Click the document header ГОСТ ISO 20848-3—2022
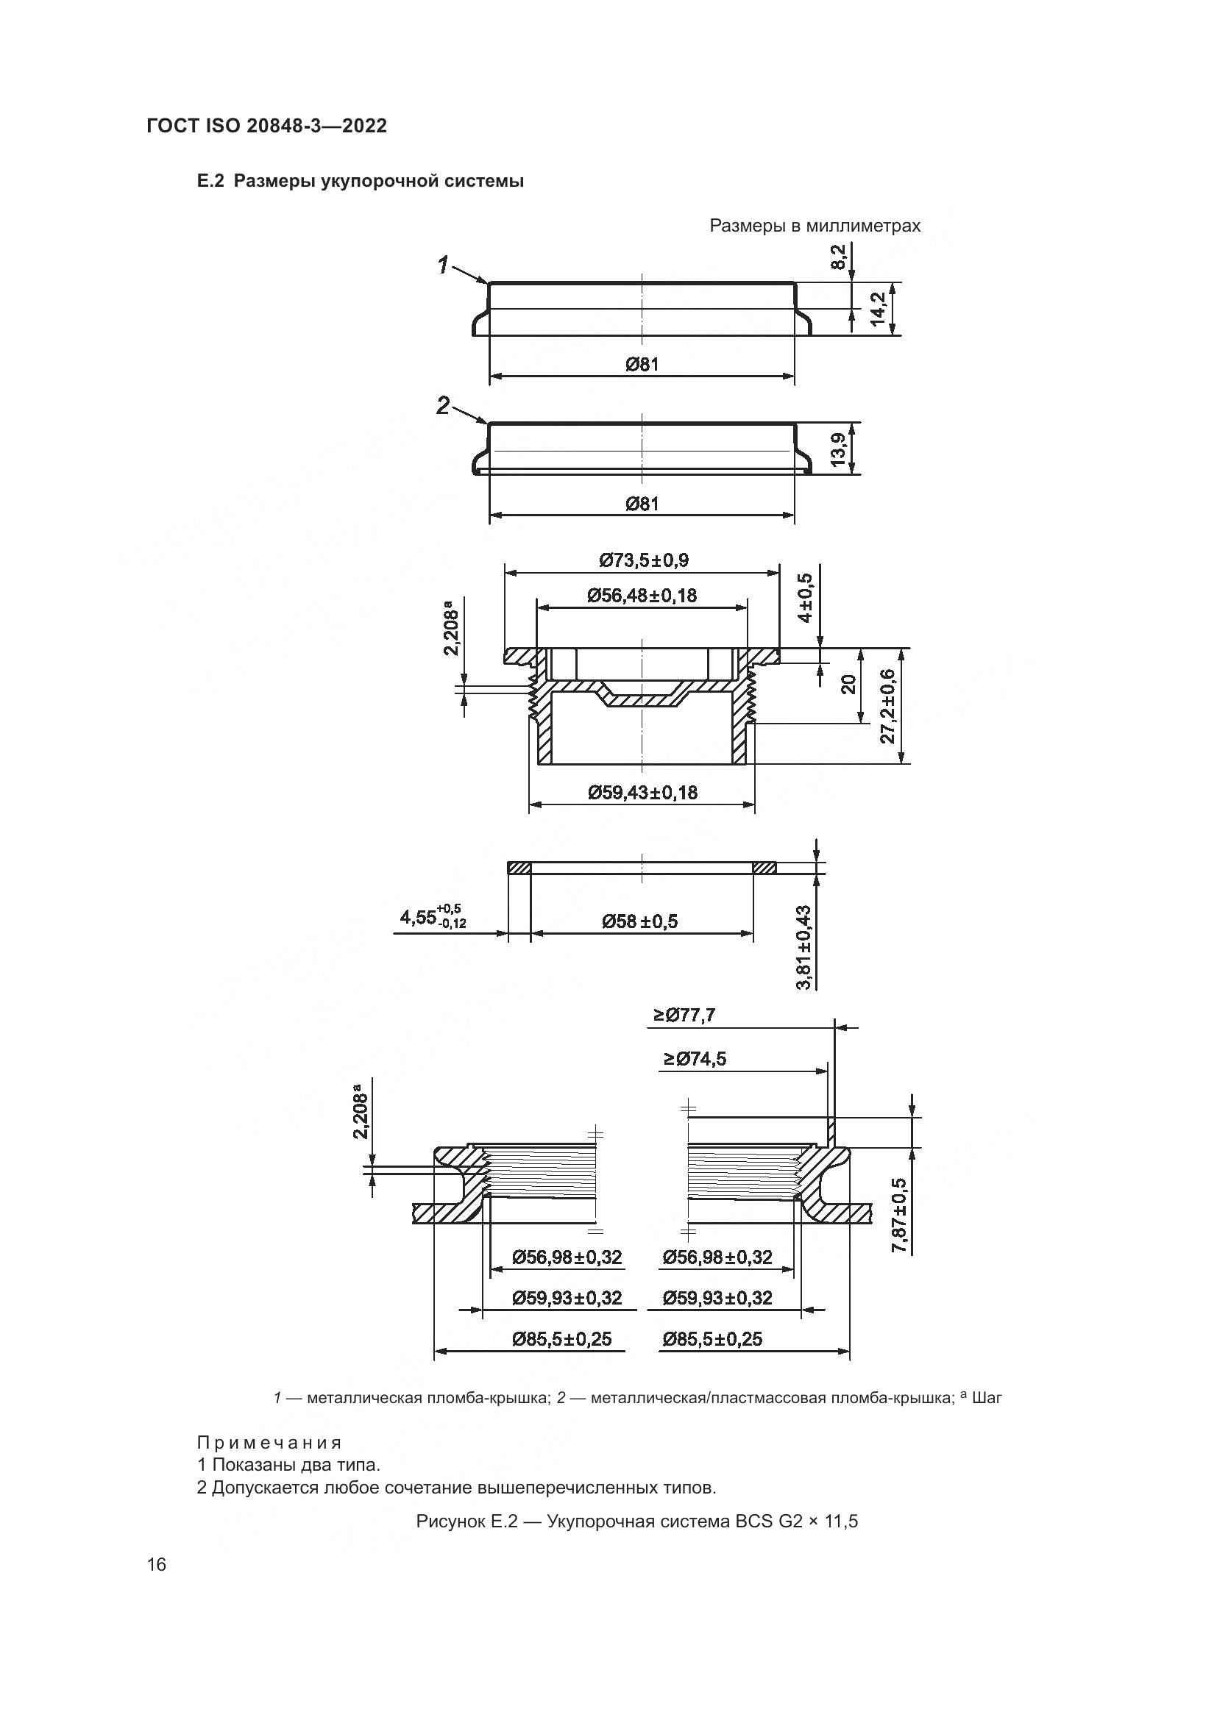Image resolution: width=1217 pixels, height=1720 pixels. (267, 126)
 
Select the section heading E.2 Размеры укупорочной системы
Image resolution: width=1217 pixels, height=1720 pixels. (360, 182)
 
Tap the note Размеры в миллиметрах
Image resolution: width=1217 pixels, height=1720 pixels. (815, 226)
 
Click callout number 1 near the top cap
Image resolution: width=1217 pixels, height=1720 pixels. (444, 265)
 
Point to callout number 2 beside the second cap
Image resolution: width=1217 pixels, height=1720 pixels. (444, 405)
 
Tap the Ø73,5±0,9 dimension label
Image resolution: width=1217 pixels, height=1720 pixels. (643, 560)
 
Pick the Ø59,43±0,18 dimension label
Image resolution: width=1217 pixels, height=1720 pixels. (642, 793)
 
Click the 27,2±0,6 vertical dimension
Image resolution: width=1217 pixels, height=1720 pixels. (888, 706)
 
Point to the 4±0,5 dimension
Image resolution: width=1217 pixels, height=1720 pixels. (805, 598)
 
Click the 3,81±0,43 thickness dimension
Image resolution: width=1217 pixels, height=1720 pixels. (804, 947)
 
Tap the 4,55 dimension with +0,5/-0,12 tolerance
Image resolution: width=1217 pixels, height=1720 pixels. (433, 918)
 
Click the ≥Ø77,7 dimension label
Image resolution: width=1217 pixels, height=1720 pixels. (684, 1015)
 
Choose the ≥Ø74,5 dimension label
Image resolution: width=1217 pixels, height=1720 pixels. (694, 1058)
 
